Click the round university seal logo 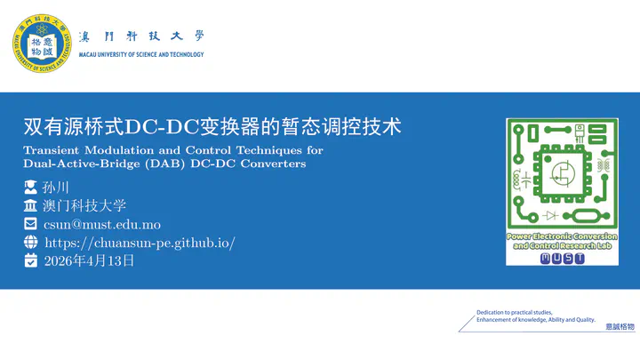[x=42, y=44]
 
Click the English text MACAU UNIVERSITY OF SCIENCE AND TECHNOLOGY [x=141, y=54]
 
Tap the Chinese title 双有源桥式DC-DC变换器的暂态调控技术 [x=212, y=126]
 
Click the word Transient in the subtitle [x=52, y=150]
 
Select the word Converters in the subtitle [x=273, y=164]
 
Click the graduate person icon [x=30, y=188]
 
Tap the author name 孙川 [x=56, y=188]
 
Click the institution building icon [x=30, y=205]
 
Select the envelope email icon [x=30, y=224]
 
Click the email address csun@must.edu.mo [x=102, y=225]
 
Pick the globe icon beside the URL [x=30, y=242]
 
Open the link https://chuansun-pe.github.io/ [x=140, y=243]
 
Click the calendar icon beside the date [x=30, y=260]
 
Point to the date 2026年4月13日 [x=89, y=260]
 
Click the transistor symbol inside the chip [x=564, y=174]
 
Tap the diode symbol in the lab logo [x=552, y=215]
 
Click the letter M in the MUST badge [x=545, y=258]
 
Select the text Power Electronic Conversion [x=562, y=236]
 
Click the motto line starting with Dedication [x=515, y=312]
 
